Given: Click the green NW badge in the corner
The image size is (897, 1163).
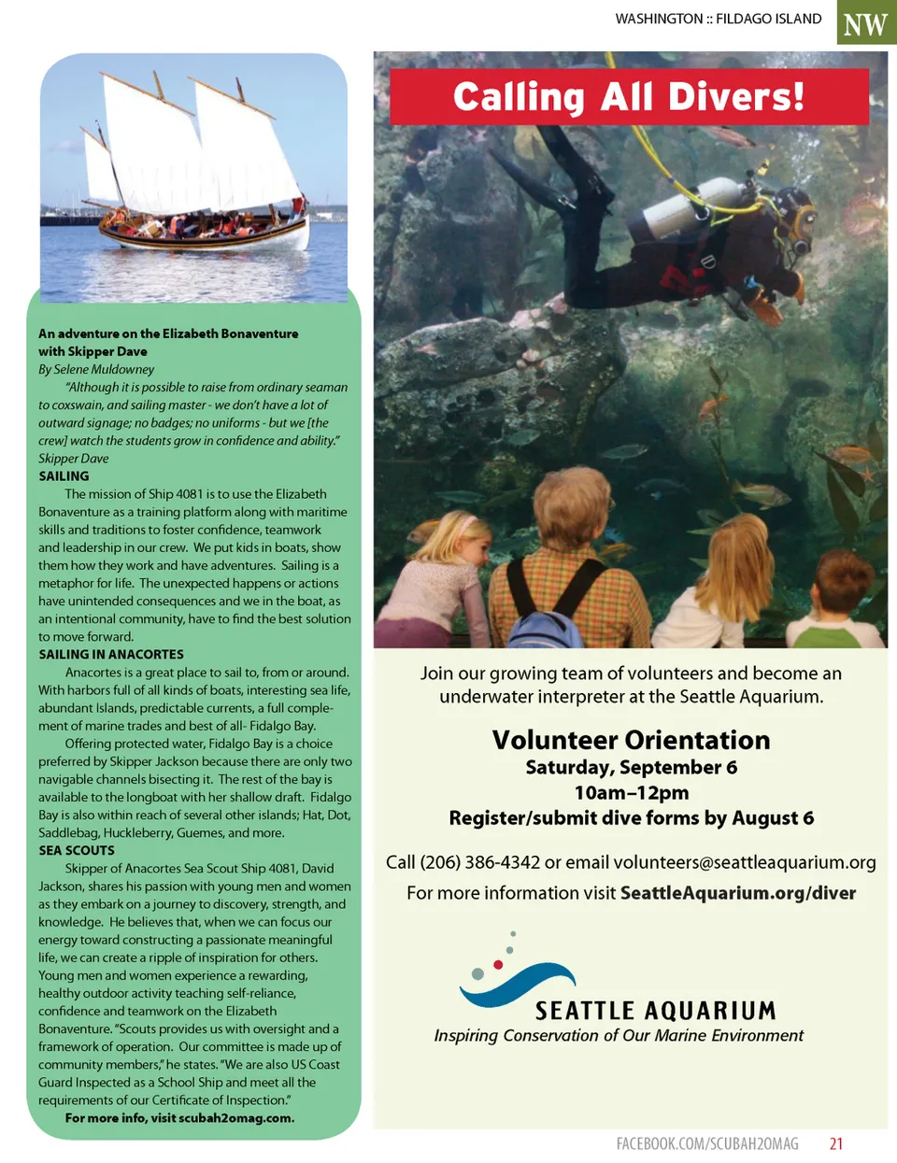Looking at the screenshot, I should (865, 22).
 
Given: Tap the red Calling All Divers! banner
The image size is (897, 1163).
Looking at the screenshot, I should (628, 97).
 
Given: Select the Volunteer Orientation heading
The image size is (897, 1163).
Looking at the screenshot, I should (631, 740).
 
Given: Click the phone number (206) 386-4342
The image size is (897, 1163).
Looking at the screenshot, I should (480, 862).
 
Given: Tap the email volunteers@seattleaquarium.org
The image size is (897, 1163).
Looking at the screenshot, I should (745, 862).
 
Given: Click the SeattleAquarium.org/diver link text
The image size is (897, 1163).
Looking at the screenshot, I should (738, 893).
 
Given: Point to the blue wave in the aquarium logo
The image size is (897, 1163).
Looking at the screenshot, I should (520, 986).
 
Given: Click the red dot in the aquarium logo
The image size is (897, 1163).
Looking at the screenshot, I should (498, 964).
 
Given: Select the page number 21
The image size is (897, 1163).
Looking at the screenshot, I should (836, 1143).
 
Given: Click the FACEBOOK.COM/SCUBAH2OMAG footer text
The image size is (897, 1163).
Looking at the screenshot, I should (707, 1143).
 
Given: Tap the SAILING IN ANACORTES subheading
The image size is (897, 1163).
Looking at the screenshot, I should (111, 655).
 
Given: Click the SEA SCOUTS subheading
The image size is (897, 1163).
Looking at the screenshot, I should (77, 851).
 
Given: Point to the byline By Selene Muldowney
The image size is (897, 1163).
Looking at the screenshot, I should (96, 370).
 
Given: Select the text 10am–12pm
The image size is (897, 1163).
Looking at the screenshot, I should (631, 793).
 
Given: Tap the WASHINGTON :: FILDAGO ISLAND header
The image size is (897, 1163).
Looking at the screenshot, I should (719, 19).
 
